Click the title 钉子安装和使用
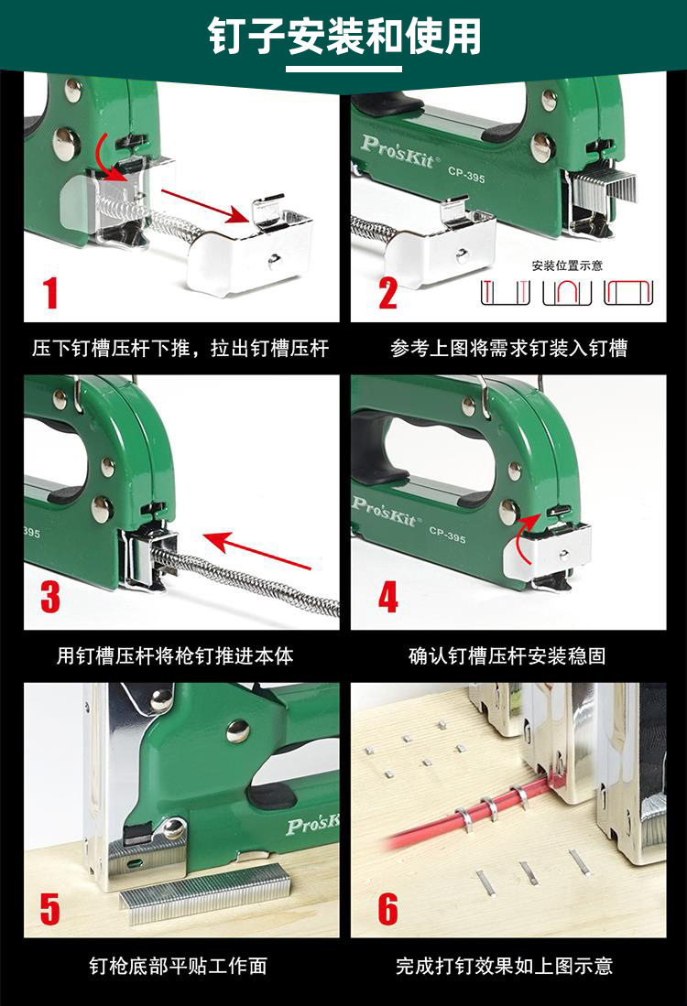pos(344,36)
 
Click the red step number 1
pos(50,293)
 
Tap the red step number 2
pos(387,293)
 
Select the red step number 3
pos(50,595)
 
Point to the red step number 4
pos(387,596)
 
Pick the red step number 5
pos(50,908)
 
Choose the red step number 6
pos(387,908)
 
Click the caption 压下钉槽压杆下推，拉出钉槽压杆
pos(180,349)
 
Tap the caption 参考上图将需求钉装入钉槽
pos(508,349)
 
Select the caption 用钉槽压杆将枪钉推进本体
pos(175,655)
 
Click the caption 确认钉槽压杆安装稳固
pos(507,655)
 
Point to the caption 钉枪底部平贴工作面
pos(178,966)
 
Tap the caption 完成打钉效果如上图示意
pos(504,966)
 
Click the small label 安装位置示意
pos(567,265)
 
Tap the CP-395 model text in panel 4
pos(447,535)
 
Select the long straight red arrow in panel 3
pos(257,550)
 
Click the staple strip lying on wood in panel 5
pos(205,893)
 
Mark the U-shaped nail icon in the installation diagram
pos(566,293)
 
